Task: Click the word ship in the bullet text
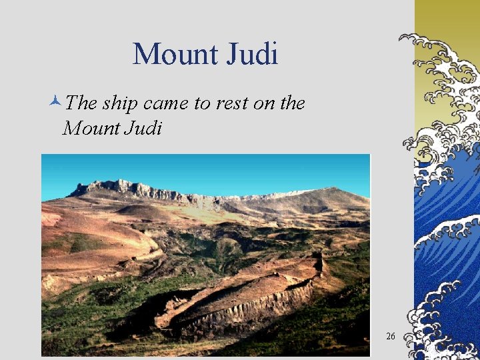pyautogui.click(x=119, y=103)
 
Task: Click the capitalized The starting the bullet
pyautogui.click(x=81, y=103)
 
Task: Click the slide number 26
pyautogui.click(x=390, y=336)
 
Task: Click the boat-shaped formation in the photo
pyautogui.click(x=240, y=293)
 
